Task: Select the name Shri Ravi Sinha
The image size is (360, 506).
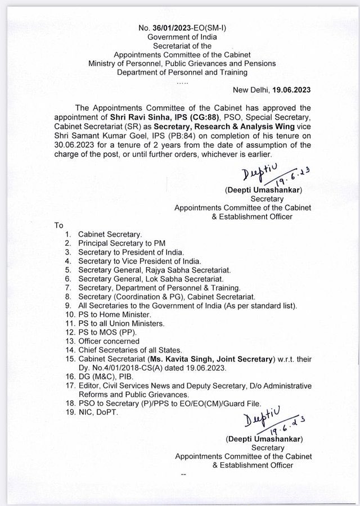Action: pos(134,117)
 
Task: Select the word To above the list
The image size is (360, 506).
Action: pos(58,225)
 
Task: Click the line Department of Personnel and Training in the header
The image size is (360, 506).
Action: pos(179,73)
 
